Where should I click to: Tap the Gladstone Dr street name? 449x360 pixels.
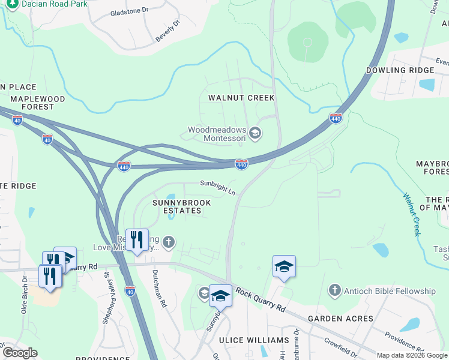pos(128,11)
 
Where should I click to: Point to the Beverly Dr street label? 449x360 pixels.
pos(168,31)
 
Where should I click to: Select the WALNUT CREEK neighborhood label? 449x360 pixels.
pos(241,98)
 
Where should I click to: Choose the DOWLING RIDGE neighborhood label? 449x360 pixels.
pos(400,70)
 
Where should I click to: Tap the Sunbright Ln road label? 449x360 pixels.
pos(218,188)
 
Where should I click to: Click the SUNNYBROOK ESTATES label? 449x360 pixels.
pos(181,207)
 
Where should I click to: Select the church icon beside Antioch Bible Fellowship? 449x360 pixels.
pos(334,291)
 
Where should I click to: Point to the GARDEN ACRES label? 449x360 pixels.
pos(340,319)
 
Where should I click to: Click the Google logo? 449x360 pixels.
pos(20,353)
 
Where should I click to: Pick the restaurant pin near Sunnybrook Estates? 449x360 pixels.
pos(137,240)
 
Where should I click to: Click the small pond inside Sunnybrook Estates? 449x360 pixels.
pos(172,197)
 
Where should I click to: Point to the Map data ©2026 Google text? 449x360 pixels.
pos(412,355)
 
